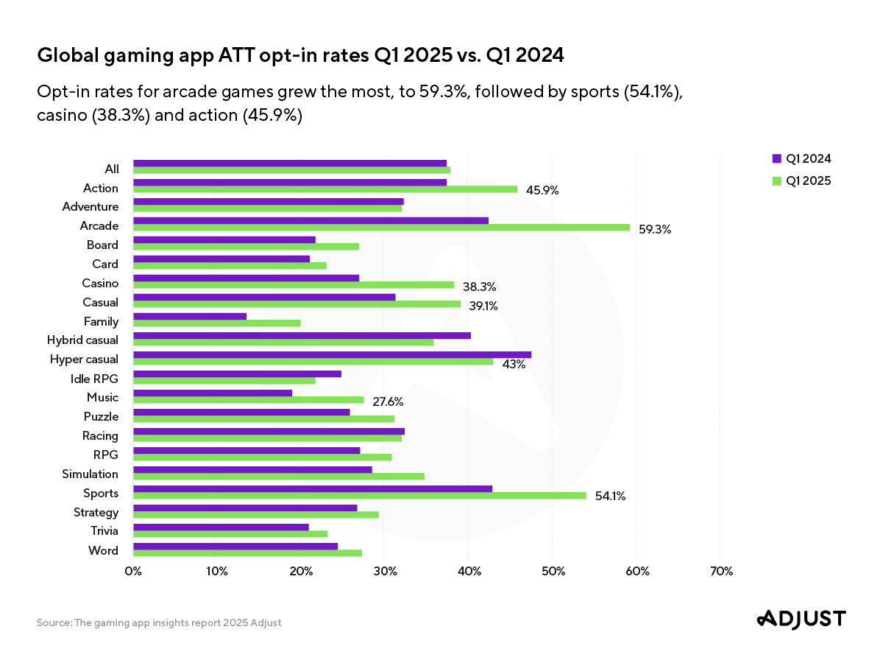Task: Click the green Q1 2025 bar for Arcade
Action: [x=381, y=227]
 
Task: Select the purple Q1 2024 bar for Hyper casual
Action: [x=332, y=354]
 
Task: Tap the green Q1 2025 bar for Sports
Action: [x=359, y=495]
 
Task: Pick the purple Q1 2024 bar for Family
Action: [x=190, y=316]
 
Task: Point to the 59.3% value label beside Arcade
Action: [x=655, y=229]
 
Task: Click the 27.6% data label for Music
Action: [x=388, y=401]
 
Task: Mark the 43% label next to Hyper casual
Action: [x=514, y=364]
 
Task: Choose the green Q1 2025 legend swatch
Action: [x=776, y=180]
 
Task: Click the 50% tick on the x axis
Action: [x=553, y=572]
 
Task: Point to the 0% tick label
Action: [x=133, y=572]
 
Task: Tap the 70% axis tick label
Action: [x=720, y=572]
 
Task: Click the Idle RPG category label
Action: [x=93, y=379]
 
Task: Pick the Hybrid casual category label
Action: [x=82, y=340]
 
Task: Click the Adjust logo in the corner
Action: [x=801, y=619]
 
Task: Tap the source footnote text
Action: [x=159, y=622]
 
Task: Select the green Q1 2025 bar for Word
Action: [x=247, y=552]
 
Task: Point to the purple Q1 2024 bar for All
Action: [x=290, y=163]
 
